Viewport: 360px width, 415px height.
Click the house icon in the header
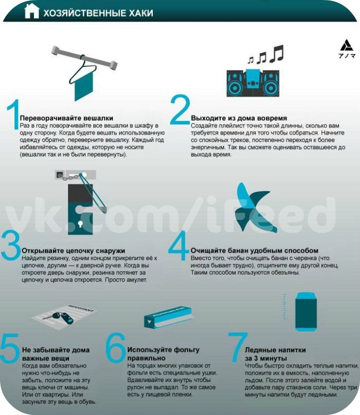[32, 11]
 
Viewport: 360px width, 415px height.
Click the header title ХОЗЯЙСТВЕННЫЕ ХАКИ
[98, 13]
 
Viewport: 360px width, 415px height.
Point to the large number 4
[178, 245]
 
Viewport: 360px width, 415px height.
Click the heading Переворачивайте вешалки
[66, 118]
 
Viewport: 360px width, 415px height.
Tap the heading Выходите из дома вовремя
[239, 118]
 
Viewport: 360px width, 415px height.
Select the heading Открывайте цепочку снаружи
[73, 251]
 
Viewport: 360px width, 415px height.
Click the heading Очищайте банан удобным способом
[254, 251]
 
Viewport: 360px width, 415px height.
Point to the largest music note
[277, 54]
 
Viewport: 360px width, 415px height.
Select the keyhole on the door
[80, 224]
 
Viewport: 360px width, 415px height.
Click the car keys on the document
[60, 317]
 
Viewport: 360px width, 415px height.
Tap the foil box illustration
[168, 317]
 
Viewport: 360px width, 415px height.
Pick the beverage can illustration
[306, 312]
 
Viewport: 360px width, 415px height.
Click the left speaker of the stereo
[235, 84]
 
